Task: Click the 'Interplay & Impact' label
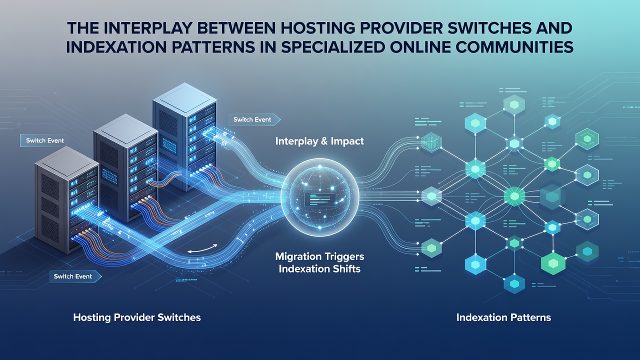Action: pos(319,141)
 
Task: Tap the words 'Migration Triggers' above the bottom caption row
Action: pos(319,256)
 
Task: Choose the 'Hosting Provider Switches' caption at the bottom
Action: pos(137,317)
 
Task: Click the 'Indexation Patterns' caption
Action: pos(503,317)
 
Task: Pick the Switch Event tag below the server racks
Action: pos(75,276)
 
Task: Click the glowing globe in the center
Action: pos(319,197)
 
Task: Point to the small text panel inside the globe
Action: pos(319,199)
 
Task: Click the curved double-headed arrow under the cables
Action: pos(202,249)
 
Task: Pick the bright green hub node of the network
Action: pos(514,196)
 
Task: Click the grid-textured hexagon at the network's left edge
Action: pos(431,142)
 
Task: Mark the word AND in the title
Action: pos(552,28)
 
